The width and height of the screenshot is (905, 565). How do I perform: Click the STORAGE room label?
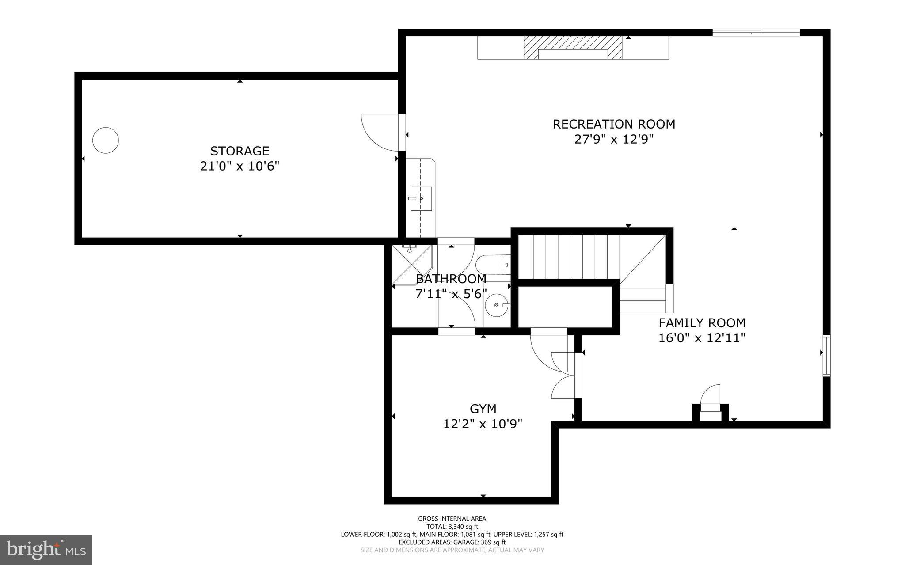240,151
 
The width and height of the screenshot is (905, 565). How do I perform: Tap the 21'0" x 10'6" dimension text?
240,167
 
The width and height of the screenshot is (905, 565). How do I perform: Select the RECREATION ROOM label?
614,124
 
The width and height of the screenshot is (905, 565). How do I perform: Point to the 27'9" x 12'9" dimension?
614,140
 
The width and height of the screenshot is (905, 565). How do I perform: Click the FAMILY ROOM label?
702,323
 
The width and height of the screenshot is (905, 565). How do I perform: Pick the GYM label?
483,409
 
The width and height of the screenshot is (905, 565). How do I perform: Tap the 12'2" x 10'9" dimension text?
483,424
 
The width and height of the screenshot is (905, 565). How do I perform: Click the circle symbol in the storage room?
106,140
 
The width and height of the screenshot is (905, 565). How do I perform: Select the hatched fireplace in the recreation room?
573,47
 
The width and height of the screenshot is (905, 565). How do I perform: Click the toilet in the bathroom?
493,265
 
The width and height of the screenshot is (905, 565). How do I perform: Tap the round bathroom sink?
497,305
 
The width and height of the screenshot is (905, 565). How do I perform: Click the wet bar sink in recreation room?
421,199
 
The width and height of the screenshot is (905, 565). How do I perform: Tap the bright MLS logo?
46,550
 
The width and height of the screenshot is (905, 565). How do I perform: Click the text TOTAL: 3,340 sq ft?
452,527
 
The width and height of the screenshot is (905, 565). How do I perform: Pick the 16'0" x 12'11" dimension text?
702,338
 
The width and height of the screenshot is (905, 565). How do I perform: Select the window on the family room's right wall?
826,356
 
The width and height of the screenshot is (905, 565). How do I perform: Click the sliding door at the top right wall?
756,32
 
